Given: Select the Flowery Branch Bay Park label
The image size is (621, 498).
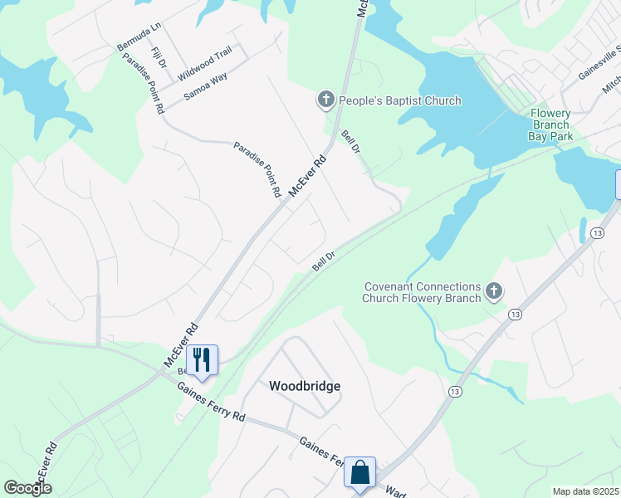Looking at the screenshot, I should (551, 124).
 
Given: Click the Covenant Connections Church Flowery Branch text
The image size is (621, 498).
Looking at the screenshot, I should (423, 292).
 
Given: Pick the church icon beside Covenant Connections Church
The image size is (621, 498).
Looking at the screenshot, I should (494, 291).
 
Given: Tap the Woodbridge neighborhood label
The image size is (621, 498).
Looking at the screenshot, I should (305, 386).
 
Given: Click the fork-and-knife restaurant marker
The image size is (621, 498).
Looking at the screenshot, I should (201, 359).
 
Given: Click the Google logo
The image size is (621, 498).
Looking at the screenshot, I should (27, 488).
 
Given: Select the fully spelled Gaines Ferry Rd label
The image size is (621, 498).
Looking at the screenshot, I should (211, 404).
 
